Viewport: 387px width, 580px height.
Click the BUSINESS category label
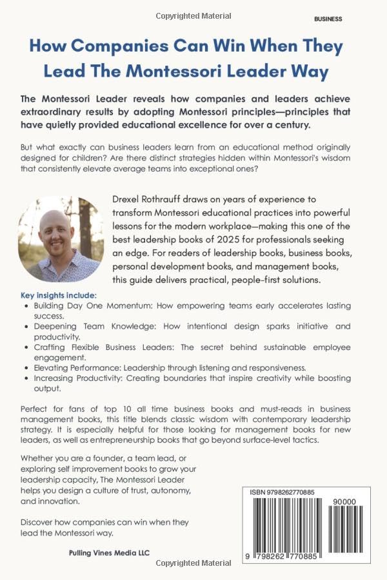[328, 19]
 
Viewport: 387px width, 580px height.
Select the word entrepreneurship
[155, 440]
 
